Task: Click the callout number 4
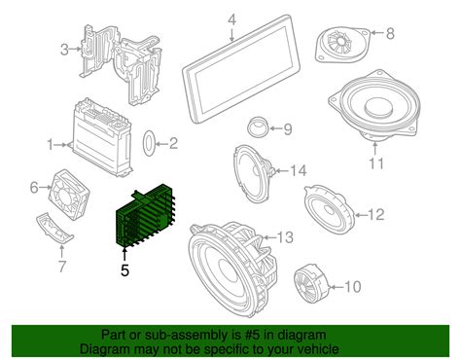232,19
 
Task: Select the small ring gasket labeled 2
151,145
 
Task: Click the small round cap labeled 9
259,126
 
